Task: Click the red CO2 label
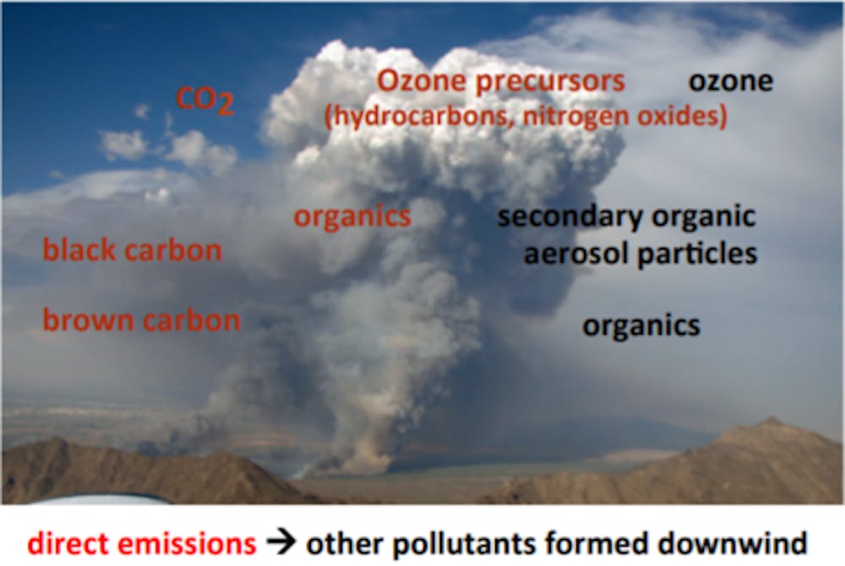tap(204, 101)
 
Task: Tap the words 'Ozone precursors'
tap(500, 81)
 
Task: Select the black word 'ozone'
tap(731, 81)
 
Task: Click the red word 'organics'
tap(352, 217)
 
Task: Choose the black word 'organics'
tap(641, 326)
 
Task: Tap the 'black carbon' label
tap(133, 250)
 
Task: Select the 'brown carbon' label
tap(142, 320)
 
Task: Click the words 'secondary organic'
tap(627, 216)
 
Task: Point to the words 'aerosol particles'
tap(641, 253)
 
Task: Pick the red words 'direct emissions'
tap(142, 543)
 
